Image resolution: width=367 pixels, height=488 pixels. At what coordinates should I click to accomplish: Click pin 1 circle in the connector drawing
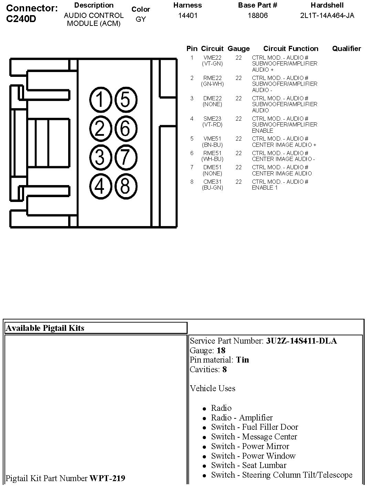click(99, 99)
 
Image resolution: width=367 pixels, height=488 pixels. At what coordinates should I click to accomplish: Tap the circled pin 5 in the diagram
click(125, 99)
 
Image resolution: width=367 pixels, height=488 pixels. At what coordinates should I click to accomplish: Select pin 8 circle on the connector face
click(125, 186)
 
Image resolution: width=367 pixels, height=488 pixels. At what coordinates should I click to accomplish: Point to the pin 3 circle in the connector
click(99, 157)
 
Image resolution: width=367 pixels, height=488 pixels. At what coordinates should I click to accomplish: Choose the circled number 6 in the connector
click(125, 128)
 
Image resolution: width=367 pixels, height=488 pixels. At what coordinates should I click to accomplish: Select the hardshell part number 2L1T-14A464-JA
click(327, 16)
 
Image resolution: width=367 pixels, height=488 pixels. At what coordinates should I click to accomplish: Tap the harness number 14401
click(188, 16)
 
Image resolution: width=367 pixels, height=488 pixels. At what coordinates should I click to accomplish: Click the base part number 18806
click(258, 16)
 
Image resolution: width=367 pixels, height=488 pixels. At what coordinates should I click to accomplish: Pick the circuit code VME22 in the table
click(212, 58)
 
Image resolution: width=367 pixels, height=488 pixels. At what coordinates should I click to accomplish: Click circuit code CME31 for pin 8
click(212, 182)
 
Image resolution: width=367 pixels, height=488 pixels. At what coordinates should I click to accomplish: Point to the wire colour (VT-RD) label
click(212, 125)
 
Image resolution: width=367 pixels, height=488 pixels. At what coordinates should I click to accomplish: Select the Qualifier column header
click(346, 49)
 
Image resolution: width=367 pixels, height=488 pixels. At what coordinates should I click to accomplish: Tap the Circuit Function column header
click(291, 49)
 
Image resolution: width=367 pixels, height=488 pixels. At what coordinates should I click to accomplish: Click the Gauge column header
click(239, 49)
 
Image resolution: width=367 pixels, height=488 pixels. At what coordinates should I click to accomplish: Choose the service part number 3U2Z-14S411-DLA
click(301, 341)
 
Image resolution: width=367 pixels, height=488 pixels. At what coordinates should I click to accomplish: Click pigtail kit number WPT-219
click(107, 478)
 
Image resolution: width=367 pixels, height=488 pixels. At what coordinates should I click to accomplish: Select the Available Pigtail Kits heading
click(45, 328)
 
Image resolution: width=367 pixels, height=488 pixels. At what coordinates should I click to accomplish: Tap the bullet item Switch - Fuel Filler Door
click(254, 427)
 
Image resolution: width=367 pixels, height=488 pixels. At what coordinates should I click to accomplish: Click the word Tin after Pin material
click(242, 360)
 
